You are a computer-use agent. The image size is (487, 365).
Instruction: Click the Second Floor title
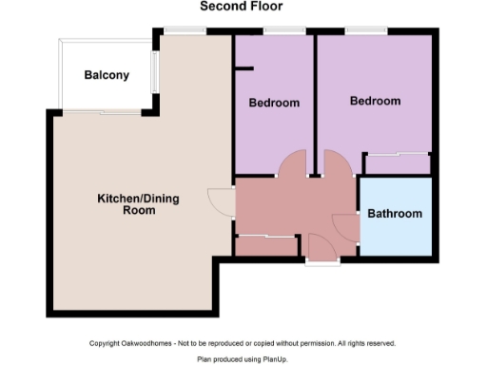tap(241, 7)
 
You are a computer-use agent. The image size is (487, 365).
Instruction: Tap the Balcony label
tap(107, 76)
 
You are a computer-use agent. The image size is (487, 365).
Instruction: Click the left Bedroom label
tap(274, 103)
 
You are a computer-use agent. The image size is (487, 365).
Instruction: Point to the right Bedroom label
tap(375, 101)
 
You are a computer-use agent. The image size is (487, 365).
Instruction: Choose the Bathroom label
tap(395, 214)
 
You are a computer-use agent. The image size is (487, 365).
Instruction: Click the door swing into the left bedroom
tap(291, 163)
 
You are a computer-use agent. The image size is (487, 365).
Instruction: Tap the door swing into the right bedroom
tap(337, 163)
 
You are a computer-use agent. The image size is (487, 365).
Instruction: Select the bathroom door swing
tap(343, 225)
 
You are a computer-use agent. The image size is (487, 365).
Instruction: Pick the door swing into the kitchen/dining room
tap(223, 202)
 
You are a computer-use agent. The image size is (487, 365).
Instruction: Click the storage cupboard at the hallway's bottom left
tap(265, 245)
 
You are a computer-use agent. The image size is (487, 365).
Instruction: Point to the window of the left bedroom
tap(278, 33)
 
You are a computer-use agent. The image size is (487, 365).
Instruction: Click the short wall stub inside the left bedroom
tap(245, 67)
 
